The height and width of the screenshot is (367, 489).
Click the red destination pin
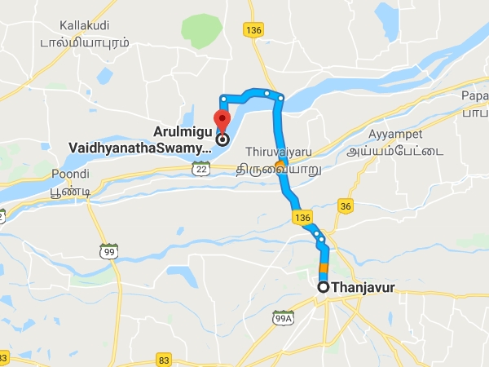219,113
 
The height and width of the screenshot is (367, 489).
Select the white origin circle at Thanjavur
324,287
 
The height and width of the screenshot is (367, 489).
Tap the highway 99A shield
283,318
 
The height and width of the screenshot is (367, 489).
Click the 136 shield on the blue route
302,218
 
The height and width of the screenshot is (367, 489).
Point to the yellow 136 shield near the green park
251,29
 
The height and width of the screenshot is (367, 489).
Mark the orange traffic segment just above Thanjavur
324,268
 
